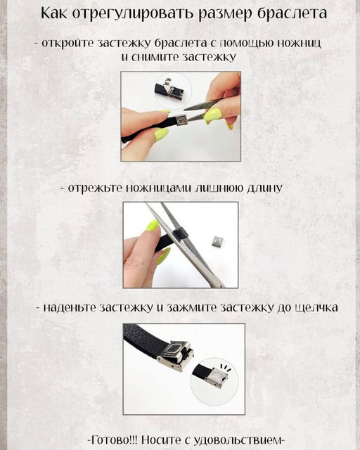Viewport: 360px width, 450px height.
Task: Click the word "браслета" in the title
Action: point(292,14)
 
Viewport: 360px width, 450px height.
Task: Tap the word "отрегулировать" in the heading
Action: point(134,14)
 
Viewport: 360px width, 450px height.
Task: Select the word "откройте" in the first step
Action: point(67,43)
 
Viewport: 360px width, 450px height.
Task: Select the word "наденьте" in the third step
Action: point(70,308)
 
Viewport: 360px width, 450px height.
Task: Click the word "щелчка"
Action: point(316,308)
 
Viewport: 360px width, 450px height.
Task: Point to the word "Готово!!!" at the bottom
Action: point(114,439)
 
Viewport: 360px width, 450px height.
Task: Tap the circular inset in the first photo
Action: point(172,91)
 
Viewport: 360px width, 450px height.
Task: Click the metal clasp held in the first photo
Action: point(181,120)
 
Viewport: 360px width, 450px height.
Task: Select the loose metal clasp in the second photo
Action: point(218,241)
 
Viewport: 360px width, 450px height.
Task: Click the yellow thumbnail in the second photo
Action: point(153,225)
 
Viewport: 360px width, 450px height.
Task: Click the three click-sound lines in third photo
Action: point(225,368)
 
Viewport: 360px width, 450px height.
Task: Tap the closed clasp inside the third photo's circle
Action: point(217,378)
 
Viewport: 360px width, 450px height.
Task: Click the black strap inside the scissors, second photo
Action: point(180,234)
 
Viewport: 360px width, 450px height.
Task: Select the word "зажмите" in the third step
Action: point(192,308)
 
